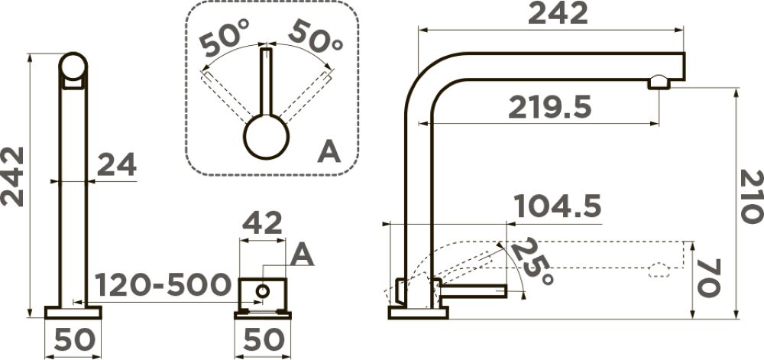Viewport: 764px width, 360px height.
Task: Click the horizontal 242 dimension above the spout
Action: tap(558, 13)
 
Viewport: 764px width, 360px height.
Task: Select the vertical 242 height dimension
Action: tap(12, 177)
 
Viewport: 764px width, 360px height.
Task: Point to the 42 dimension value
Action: tap(262, 223)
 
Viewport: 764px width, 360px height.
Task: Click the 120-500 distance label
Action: tap(163, 284)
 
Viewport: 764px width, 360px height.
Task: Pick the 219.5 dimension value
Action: tap(549, 107)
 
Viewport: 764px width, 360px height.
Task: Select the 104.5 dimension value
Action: tap(558, 206)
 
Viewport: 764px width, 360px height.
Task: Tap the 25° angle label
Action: tap(532, 262)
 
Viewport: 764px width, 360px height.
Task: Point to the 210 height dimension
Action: tap(751, 196)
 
